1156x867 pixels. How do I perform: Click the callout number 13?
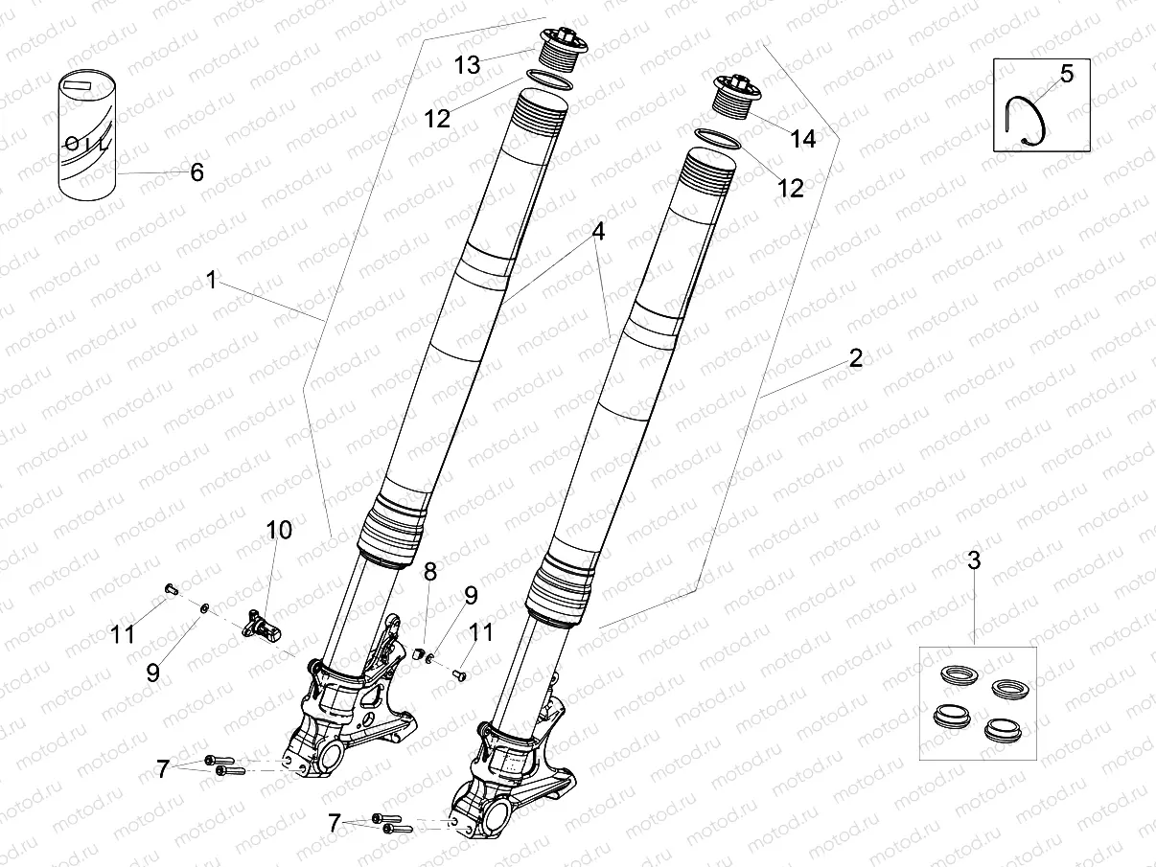(x=467, y=64)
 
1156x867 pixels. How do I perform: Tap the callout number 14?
(x=802, y=139)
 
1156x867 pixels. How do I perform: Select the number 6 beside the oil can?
(x=197, y=172)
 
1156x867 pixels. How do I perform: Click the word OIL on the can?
(x=86, y=144)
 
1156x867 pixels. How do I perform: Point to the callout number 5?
(x=1067, y=74)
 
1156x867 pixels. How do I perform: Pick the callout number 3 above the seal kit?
(x=974, y=561)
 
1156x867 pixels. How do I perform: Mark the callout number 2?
(x=855, y=358)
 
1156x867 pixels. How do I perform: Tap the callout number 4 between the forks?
(x=597, y=232)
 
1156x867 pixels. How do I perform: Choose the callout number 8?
(x=429, y=572)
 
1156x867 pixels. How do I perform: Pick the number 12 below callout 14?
(x=790, y=188)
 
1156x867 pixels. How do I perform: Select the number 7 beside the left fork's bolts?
(x=162, y=768)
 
